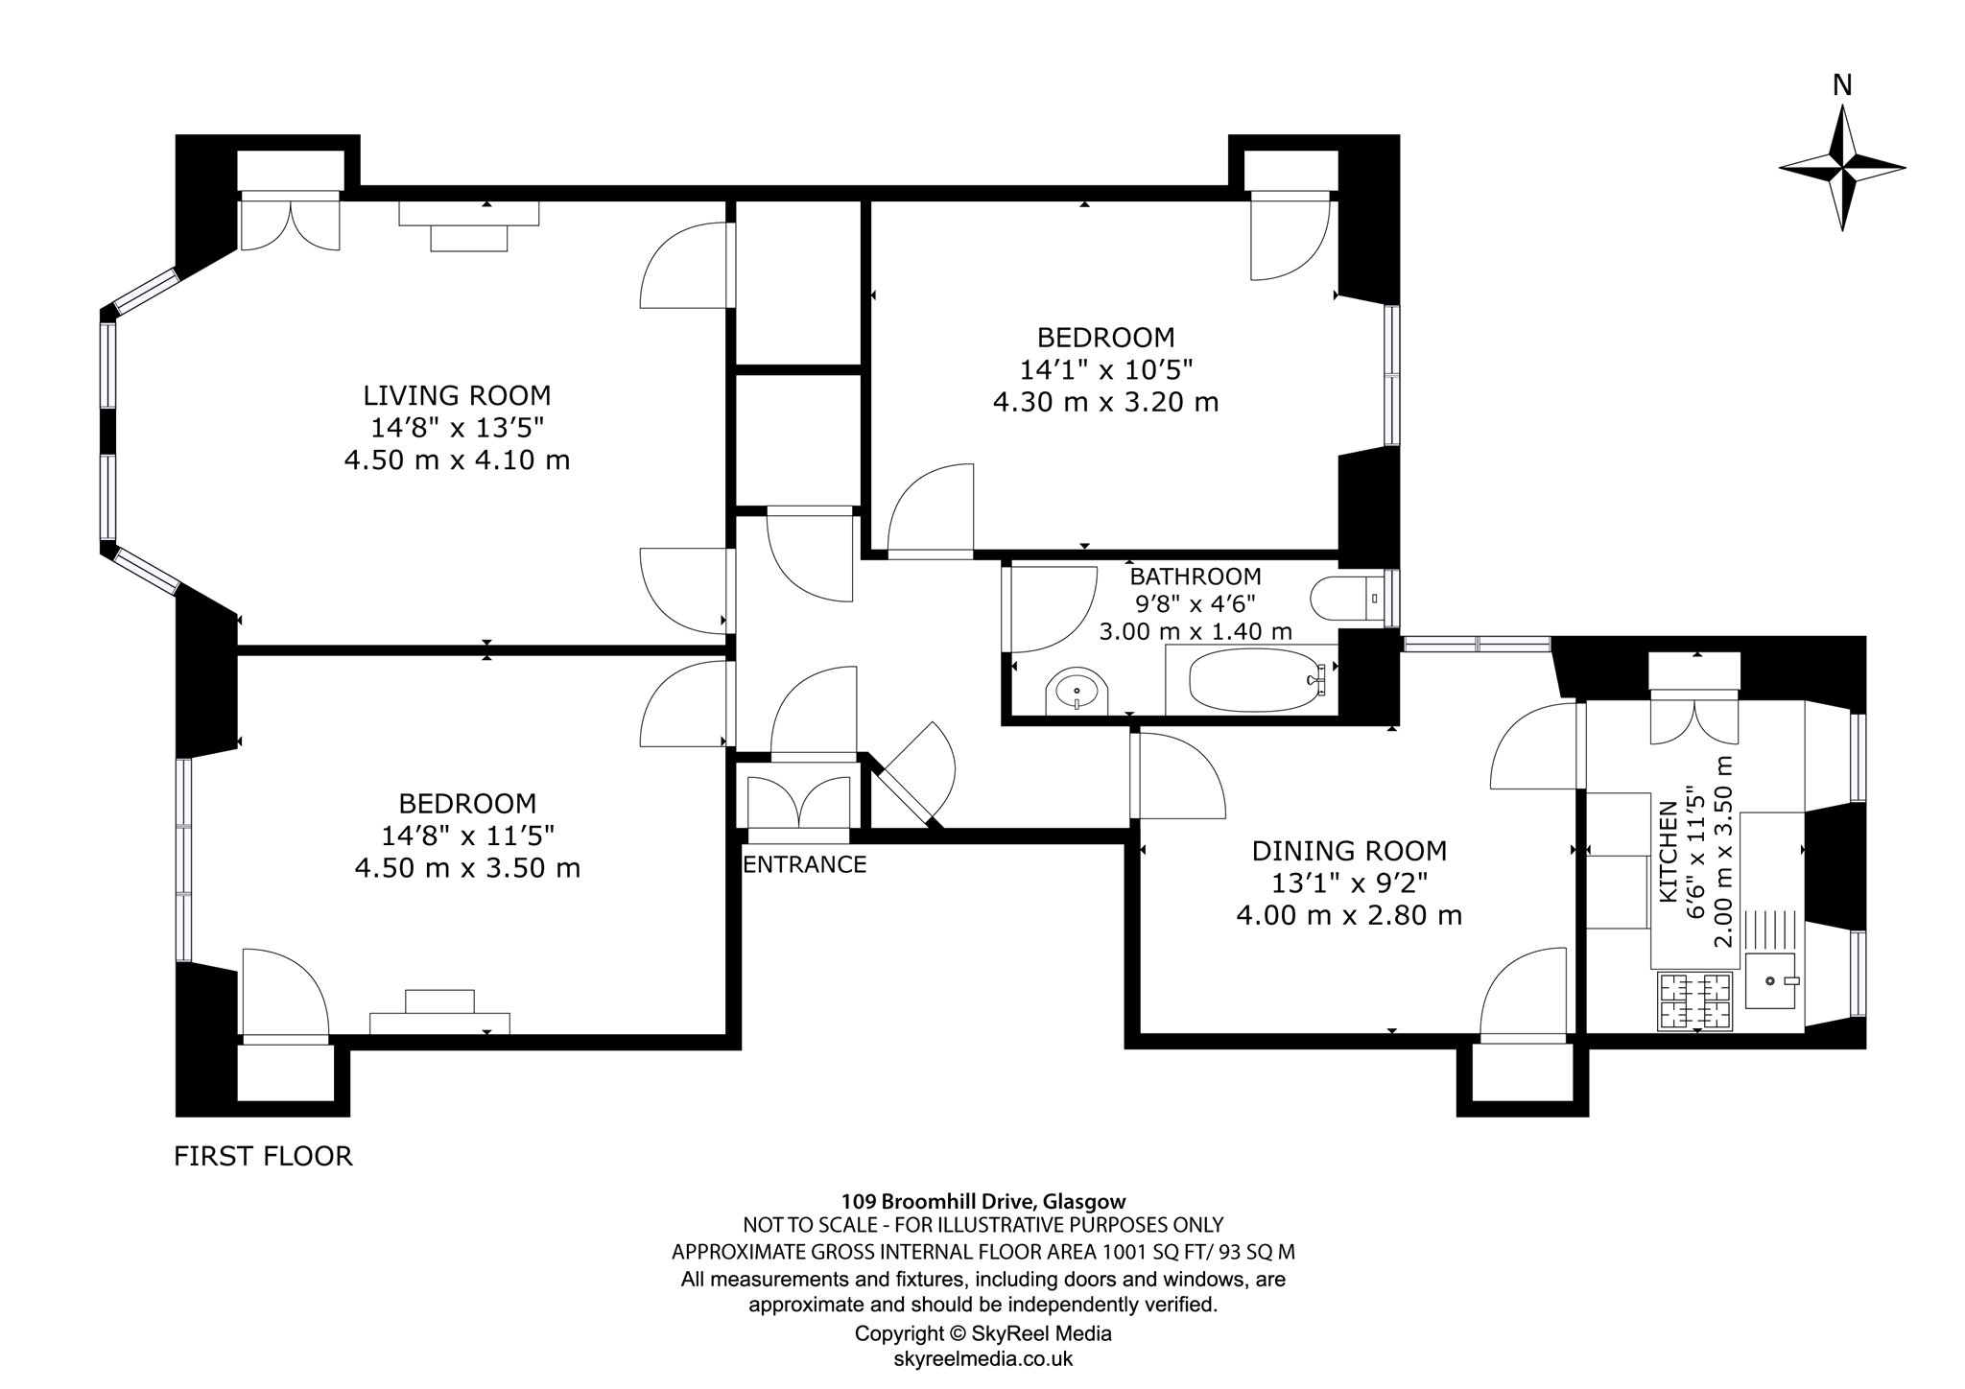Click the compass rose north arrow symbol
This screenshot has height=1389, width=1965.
(x=1842, y=168)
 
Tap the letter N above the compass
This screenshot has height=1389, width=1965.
(x=1842, y=86)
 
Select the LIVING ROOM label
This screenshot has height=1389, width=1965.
(x=457, y=395)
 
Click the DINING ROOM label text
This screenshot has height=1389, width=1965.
(x=1349, y=851)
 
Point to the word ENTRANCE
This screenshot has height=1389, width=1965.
(x=805, y=864)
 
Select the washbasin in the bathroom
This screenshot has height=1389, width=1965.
(x=1077, y=690)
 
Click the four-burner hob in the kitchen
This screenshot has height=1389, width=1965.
(x=1695, y=1001)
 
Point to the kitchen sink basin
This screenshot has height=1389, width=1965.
(x=1771, y=980)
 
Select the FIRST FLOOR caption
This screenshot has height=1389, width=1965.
(x=263, y=1156)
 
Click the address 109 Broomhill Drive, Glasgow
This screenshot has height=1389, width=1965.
(x=983, y=1200)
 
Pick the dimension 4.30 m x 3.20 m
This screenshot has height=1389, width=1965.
(x=1105, y=401)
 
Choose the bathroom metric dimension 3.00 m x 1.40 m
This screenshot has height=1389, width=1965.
(x=1196, y=631)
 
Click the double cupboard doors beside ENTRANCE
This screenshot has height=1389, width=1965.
(x=798, y=801)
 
